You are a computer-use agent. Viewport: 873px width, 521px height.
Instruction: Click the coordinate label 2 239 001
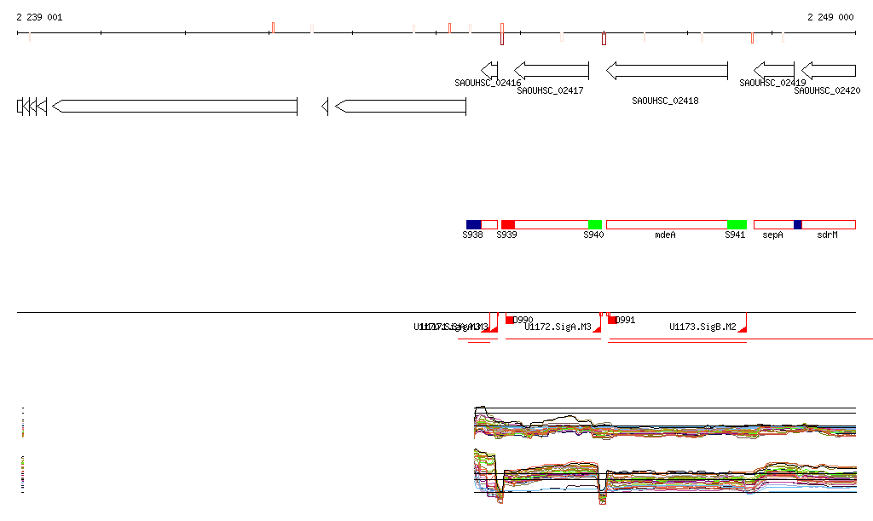(38, 17)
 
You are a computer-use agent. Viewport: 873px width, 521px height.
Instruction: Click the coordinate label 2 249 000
(830, 17)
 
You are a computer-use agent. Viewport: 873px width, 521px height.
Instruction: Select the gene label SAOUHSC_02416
(488, 83)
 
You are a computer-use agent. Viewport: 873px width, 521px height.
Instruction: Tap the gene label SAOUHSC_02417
(550, 90)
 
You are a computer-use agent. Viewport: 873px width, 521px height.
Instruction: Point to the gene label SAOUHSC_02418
(665, 101)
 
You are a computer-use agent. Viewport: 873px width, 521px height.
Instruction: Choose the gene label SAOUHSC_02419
(772, 83)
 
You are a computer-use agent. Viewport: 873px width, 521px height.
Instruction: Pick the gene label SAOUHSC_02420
(827, 90)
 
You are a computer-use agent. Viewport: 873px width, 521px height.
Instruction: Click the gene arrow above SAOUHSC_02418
(667, 70)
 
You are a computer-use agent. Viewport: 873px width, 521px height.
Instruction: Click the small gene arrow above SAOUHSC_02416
(489, 70)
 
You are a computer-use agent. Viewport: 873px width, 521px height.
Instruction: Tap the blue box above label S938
(473, 224)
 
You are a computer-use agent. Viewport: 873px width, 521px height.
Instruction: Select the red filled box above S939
(507, 224)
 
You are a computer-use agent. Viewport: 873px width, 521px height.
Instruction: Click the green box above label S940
(594, 224)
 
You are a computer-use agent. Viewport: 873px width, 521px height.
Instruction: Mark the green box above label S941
(737, 224)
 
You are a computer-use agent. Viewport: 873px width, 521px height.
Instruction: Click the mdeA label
(665, 234)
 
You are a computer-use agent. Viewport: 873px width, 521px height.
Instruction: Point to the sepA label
(772, 234)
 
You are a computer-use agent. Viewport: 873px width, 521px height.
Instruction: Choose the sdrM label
(827, 234)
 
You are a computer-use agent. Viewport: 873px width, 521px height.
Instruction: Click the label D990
(523, 320)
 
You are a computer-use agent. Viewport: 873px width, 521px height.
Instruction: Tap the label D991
(626, 320)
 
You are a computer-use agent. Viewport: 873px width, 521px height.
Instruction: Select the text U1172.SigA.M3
(558, 327)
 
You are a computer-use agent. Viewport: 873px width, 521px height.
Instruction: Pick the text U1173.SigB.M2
(702, 327)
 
